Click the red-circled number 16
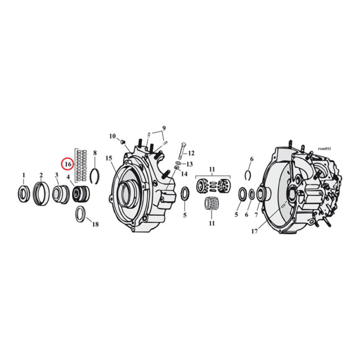coord(67,164)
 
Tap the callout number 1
coord(24,175)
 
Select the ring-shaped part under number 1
coord(24,193)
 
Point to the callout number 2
coord(41,175)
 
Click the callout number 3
coord(57,175)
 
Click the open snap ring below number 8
coord(94,175)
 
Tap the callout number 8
coord(94,153)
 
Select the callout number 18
coord(95,224)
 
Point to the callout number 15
coord(108,158)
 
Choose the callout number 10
coord(112,136)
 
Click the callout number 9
coord(164,128)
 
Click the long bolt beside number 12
coord(181,151)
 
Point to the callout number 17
coord(254,232)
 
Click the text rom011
coord(324,148)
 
